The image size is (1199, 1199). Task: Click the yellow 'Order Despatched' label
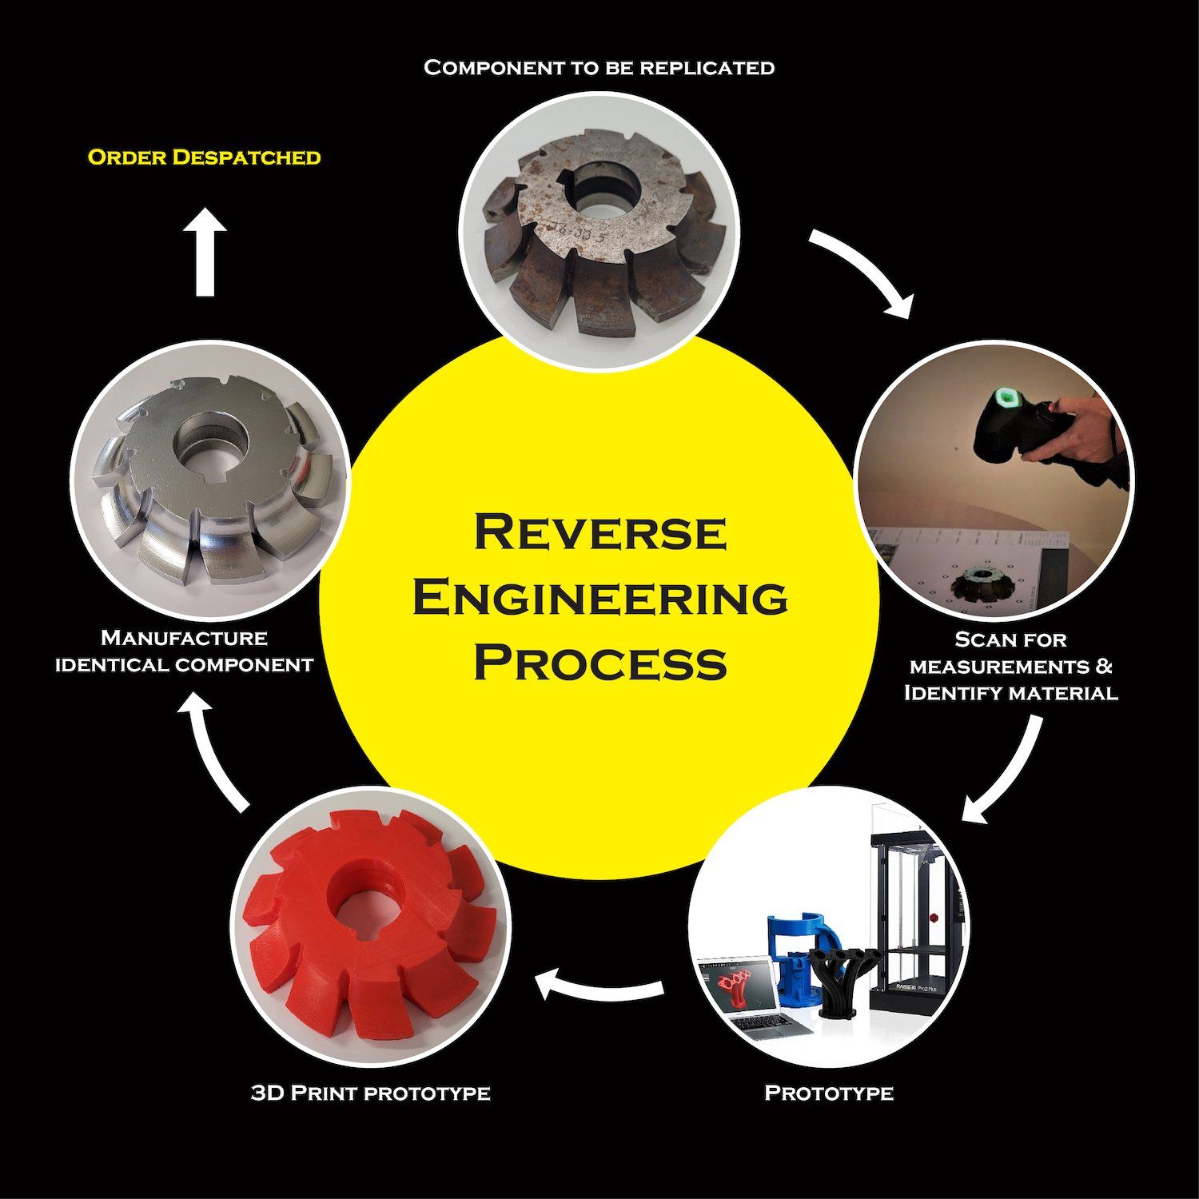click(204, 157)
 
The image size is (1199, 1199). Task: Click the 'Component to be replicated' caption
click(599, 68)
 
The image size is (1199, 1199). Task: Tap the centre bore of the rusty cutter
click(605, 193)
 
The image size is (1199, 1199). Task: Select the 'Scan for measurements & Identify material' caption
click(1010, 666)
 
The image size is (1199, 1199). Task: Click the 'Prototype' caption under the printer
click(829, 1093)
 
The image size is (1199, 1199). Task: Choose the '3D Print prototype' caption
click(370, 1093)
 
